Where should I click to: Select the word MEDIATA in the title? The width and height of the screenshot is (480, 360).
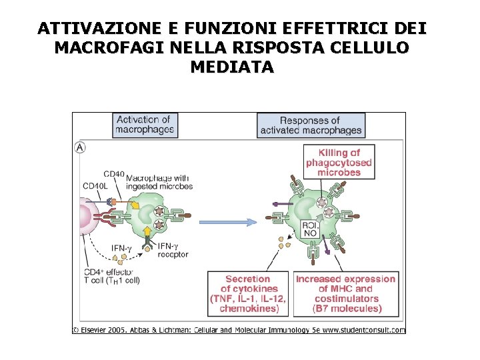tap(232, 67)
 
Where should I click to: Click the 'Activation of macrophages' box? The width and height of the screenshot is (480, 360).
tap(145, 125)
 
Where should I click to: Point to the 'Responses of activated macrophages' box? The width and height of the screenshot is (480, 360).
tap(311, 125)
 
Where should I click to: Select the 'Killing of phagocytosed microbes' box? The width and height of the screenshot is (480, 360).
tap(339, 163)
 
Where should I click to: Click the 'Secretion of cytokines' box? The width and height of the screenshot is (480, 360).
tap(248, 294)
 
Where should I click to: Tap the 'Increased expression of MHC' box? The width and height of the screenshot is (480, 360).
tap(346, 294)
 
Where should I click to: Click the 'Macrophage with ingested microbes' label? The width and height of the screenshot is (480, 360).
tap(159, 182)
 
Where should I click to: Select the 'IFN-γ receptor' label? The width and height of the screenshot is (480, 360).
tap(173, 250)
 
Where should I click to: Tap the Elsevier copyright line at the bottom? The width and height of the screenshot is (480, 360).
tap(239, 329)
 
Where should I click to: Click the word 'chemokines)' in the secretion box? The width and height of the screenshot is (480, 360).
tap(248, 309)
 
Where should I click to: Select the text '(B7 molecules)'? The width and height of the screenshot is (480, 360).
tap(347, 309)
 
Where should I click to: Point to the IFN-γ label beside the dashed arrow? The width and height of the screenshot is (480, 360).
tap(123, 249)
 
